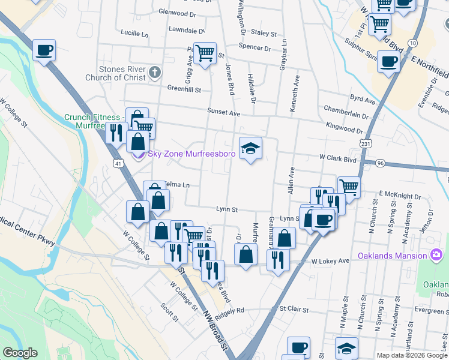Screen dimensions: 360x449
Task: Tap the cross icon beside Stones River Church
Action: tap(155, 73)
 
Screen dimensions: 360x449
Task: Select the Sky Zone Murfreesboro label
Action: tap(184, 154)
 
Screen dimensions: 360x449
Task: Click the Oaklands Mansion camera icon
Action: tap(436, 256)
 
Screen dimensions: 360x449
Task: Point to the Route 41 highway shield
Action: tap(118, 163)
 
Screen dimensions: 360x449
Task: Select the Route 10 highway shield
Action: tap(412, 43)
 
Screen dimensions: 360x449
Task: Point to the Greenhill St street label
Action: tap(184, 88)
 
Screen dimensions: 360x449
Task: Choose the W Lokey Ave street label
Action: tap(330, 262)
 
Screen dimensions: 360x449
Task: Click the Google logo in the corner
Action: tap(20, 352)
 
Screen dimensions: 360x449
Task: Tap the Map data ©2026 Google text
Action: tap(412, 355)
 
